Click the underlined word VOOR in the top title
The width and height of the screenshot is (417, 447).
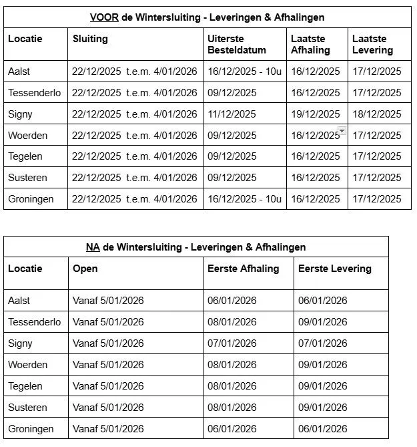tap(105, 17)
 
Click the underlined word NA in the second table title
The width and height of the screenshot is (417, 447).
tap(93, 247)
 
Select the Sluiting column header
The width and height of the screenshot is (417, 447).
tap(90, 39)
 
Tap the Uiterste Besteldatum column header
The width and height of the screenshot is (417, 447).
tap(236, 44)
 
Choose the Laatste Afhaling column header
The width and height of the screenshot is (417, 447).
tap(310, 44)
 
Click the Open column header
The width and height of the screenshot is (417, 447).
tap(85, 269)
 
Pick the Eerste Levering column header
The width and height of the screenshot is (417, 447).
tap(334, 269)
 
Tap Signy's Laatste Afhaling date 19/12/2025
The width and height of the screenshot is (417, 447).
tap(315, 114)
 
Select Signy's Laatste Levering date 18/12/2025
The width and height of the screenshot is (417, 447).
tap(377, 114)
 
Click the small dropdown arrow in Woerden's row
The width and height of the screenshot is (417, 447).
tap(342, 131)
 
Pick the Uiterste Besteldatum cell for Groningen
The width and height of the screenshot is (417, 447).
tap(244, 199)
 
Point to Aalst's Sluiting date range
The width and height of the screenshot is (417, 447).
tap(135, 71)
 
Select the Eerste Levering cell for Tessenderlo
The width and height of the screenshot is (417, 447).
tap(323, 322)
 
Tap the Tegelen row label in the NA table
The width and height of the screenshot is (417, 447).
tap(25, 386)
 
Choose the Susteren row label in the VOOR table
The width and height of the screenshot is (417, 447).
tap(27, 178)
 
